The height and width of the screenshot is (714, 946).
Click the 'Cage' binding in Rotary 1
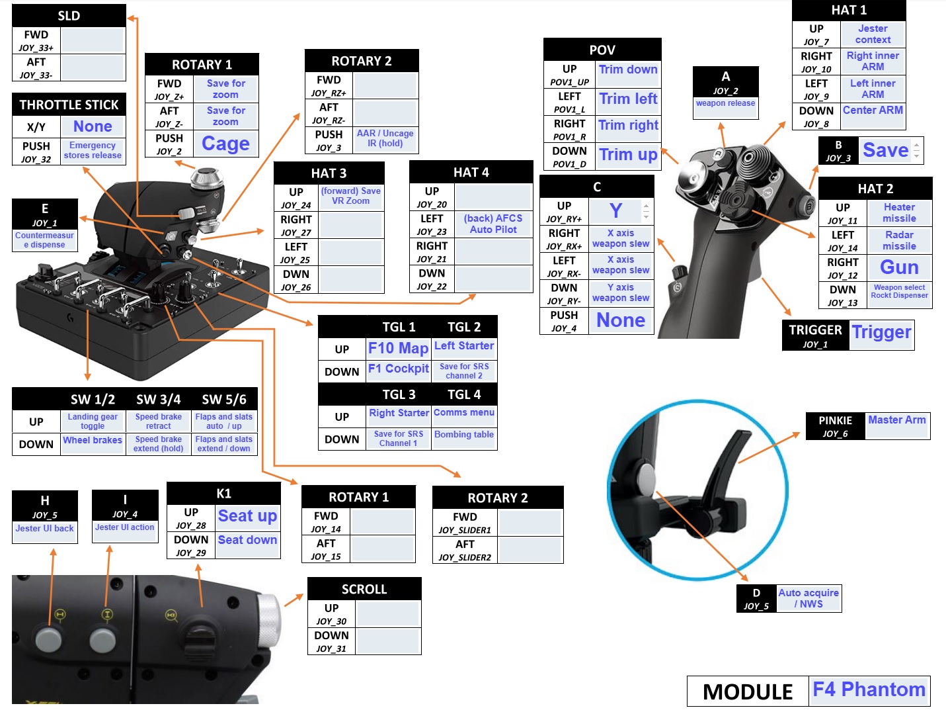(225, 144)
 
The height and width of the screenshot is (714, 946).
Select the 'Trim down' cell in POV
(628, 69)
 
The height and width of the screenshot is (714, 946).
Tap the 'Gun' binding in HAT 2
(899, 267)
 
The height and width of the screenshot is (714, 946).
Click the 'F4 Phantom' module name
(869, 690)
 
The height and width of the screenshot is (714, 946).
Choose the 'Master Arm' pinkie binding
(896, 420)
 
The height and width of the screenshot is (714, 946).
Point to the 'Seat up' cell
(247, 516)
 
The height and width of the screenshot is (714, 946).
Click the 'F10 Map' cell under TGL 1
(398, 348)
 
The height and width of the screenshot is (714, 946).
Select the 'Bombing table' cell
(464, 435)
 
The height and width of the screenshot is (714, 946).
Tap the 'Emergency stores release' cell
(93, 150)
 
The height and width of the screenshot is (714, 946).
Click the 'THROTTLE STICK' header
(69, 105)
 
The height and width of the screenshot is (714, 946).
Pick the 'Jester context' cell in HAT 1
(873, 34)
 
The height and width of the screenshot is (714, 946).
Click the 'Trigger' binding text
(881, 332)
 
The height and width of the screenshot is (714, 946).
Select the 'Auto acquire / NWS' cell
(808, 598)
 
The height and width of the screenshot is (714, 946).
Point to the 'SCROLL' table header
(364, 589)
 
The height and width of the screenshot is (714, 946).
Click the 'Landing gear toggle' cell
(93, 422)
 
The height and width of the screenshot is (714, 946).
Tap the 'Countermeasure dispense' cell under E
(45, 240)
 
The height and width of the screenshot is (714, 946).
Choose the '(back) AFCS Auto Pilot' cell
(493, 224)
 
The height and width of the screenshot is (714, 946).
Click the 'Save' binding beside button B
(886, 150)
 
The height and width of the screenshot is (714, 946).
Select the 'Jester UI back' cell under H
(45, 529)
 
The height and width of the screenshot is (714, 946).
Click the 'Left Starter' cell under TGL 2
(464, 346)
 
